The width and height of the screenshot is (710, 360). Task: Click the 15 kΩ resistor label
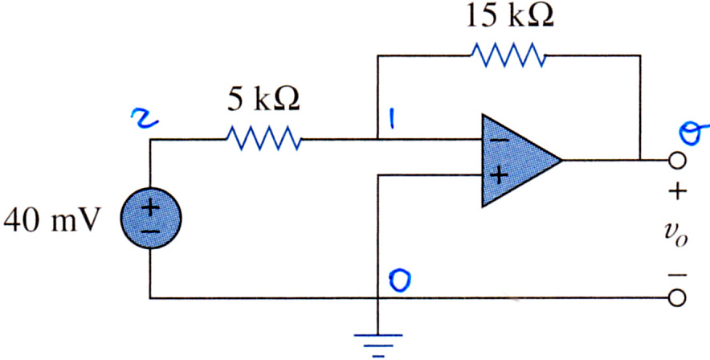point(508,16)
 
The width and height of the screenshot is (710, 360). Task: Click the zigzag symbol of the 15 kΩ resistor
point(508,55)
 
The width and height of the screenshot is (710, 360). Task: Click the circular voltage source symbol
point(150,219)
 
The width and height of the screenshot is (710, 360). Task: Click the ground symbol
point(377,345)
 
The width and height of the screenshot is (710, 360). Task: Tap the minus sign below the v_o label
point(676,274)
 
